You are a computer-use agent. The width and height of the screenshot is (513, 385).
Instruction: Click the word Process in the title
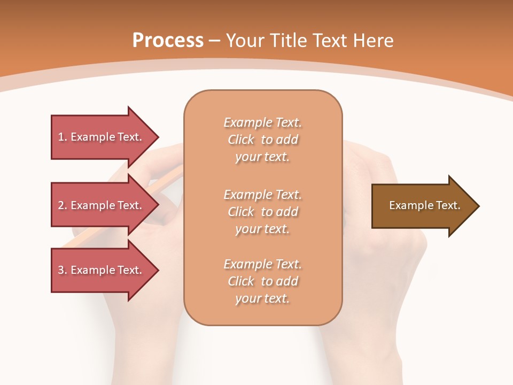(x=168, y=40)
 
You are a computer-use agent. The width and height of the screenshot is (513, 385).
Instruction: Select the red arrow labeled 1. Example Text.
(x=102, y=137)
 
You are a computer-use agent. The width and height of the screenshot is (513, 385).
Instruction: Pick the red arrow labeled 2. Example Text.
(x=102, y=205)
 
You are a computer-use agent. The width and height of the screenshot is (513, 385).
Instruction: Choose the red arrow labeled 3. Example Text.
(x=102, y=270)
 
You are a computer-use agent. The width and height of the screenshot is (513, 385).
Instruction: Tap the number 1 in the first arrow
(x=61, y=137)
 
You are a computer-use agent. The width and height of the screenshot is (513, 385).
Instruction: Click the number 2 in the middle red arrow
(x=61, y=205)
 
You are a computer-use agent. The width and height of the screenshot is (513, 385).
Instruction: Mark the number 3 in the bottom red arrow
(x=61, y=270)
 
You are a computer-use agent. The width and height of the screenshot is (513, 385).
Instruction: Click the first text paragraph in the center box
(x=262, y=140)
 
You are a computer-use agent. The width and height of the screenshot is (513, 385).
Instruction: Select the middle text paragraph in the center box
(x=262, y=212)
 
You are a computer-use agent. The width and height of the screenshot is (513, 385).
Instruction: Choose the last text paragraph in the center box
(x=262, y=281)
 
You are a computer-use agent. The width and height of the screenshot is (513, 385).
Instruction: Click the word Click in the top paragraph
(x=241, y=140)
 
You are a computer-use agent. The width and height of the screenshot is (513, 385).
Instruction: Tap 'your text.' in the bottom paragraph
(x=262, y=298)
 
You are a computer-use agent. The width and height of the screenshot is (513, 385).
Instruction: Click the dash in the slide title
(x=215, y=41)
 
